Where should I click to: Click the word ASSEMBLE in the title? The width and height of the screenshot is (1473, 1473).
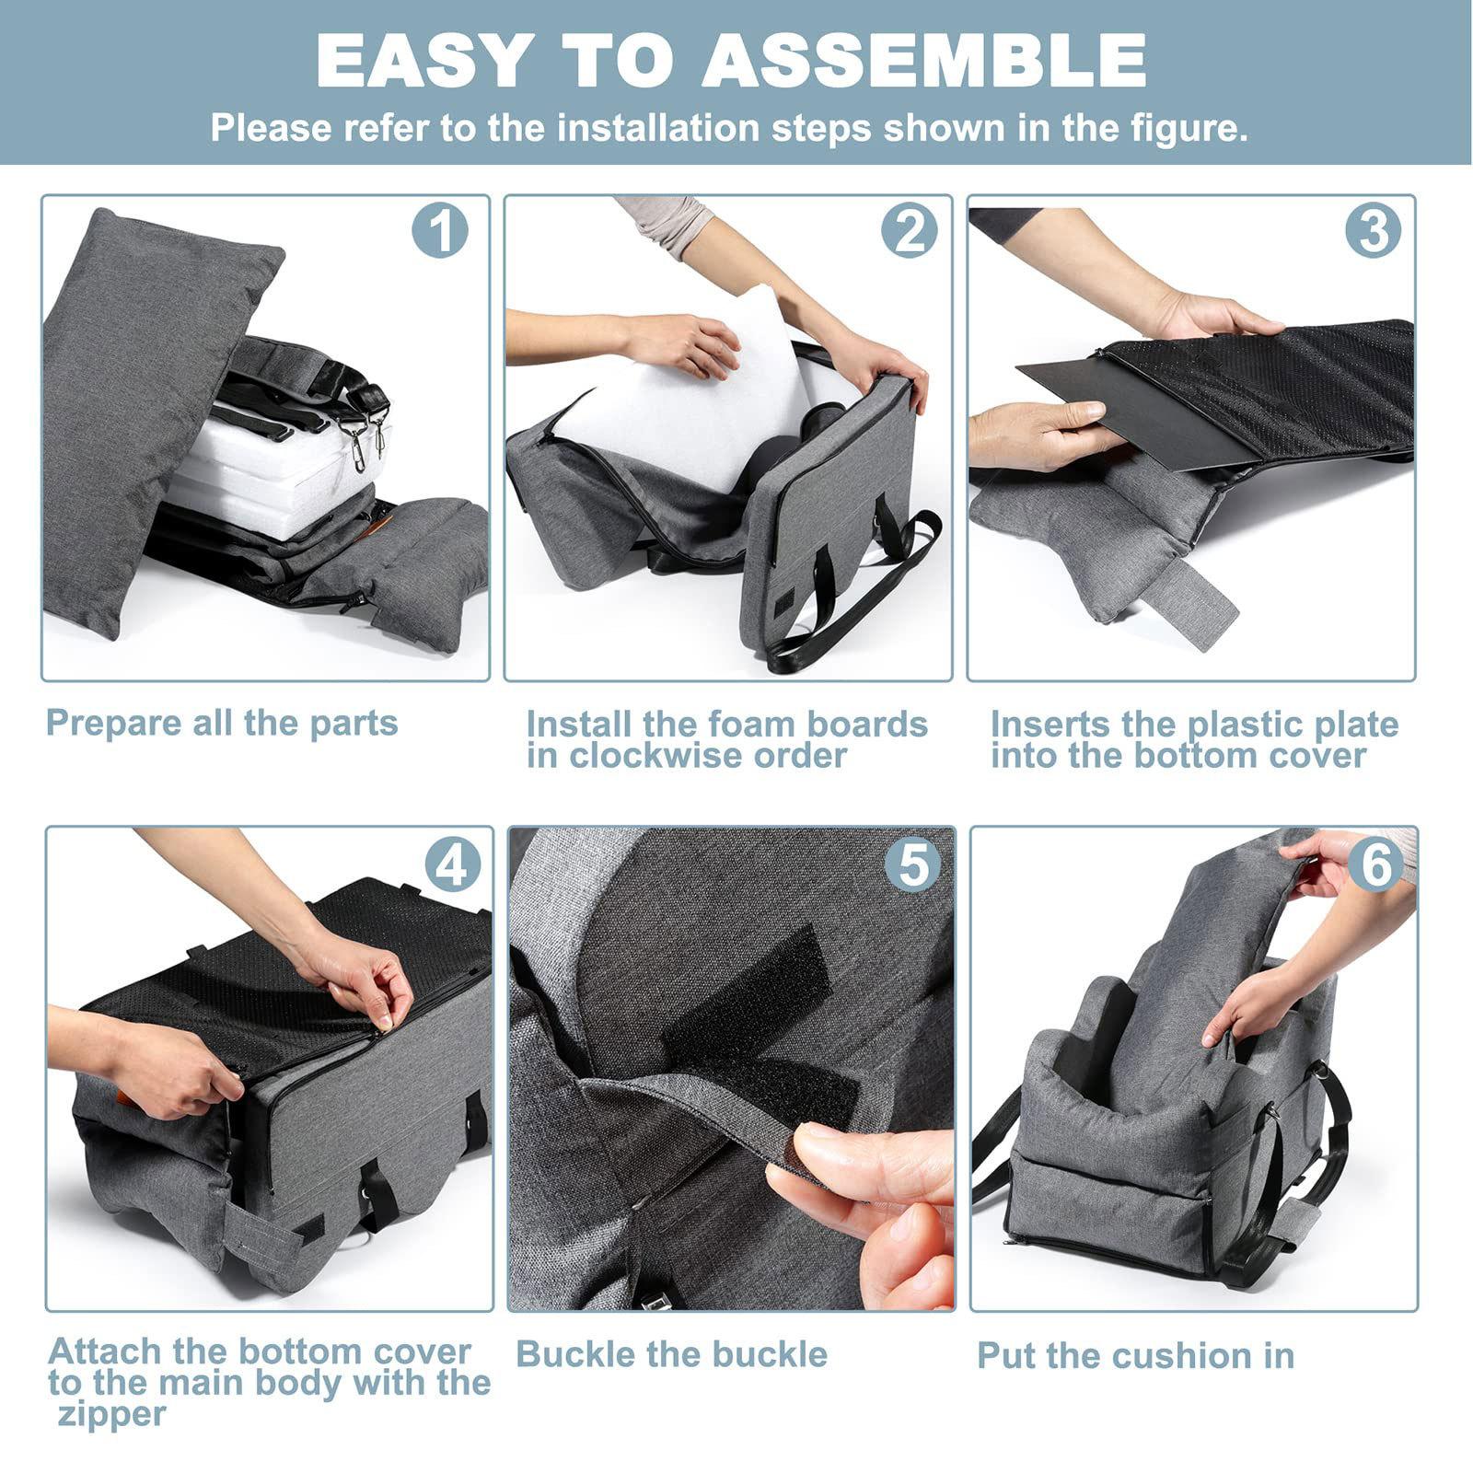click(924, 61)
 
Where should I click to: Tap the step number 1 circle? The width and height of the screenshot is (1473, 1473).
click(440, 229)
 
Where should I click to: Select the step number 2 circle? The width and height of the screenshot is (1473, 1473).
click(909, 229)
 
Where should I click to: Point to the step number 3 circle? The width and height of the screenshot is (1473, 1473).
click(1373, 229)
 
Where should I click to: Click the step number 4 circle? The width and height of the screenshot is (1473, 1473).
click(453, 864)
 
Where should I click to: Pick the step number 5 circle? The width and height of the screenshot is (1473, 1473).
click(912, 864)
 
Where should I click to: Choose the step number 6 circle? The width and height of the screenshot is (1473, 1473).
click(1376, 864)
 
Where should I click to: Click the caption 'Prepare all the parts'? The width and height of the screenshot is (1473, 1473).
click(222, 724)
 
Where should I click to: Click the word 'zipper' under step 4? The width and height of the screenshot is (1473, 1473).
click(112, 1414)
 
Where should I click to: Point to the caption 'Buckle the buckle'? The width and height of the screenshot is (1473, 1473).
click(672, 1354)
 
